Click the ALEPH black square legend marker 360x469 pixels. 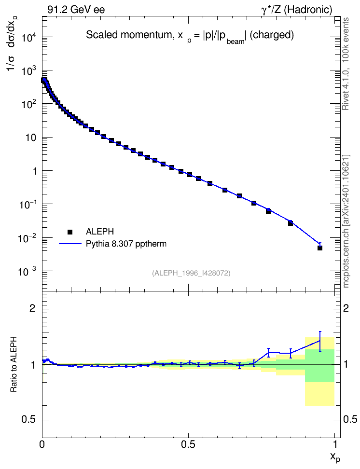[x=70, y=232]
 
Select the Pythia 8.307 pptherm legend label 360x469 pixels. [x=126, y=244]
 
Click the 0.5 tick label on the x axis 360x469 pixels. [x=188, y=444]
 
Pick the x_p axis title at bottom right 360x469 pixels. [x=335, y=457]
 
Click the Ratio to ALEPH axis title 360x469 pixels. [x=14, y=364]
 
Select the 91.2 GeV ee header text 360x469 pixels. [x=76, y=10]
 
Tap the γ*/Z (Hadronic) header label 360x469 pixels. [x=297, y=10]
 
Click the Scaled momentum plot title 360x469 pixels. [x=190, y=36]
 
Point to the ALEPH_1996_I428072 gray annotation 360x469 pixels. [x=191, y=273]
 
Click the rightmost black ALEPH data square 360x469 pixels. [x=320, y=248]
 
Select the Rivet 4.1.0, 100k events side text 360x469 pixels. [x=346, y=64]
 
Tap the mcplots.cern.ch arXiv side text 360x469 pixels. [x=346, y=221]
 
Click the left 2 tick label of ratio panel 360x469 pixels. [x=32, y=308]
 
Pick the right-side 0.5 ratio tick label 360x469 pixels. [x=350, y=419]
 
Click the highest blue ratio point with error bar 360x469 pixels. [x=320, y=340]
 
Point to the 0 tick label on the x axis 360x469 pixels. [x=42, y=444]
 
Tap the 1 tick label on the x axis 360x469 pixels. [x=334, y=444]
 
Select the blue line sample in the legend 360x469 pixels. [x=70, y=244]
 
